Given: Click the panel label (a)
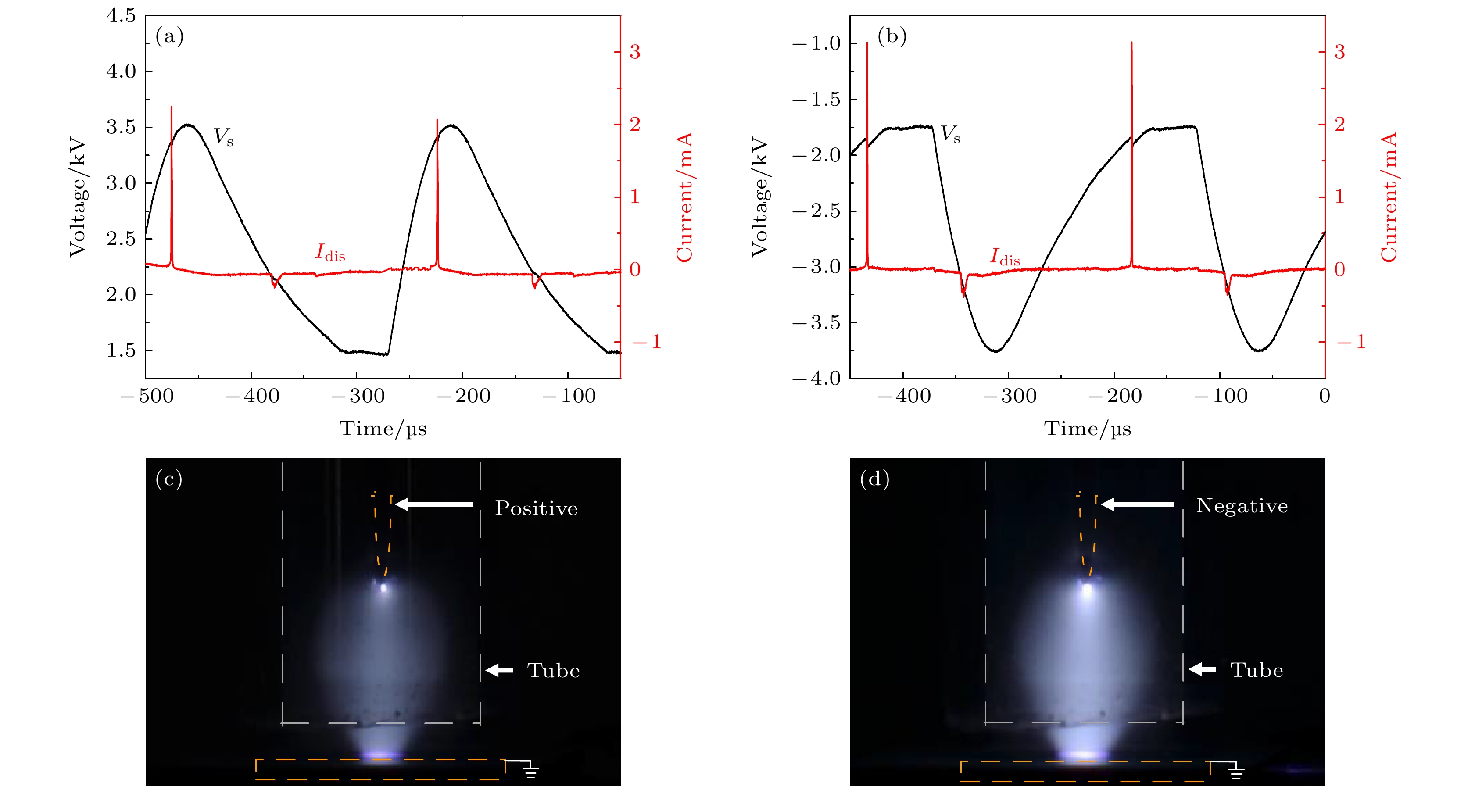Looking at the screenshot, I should [169, 37].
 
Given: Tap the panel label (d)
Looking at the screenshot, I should [874, 479].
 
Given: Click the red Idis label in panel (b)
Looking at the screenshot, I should [1005, 257].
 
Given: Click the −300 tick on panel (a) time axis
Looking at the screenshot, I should [357, 396].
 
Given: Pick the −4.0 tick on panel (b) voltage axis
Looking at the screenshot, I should [816, 378].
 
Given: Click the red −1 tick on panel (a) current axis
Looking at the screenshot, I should [647, 342].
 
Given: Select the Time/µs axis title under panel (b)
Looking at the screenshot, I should [1087, 428].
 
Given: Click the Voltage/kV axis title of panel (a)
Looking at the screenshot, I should [78, 197].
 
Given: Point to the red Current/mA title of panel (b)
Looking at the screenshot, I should [1389, 197].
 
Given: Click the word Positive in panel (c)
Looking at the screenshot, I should [536, 508].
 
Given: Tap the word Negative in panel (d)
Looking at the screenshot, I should [1242, 506].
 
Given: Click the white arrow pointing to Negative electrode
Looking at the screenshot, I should [1137, 504].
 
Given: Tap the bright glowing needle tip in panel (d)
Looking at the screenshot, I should [1087, 590].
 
